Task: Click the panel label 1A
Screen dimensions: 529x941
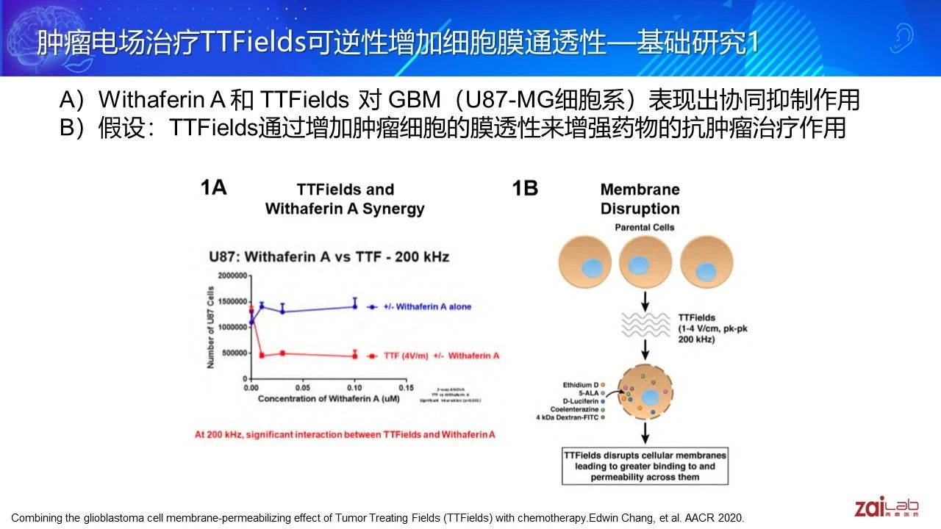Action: (x=213, y=188)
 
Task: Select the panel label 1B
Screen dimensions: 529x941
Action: (x=525, y=189)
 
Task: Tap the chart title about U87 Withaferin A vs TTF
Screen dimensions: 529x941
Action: (x=329, y=256)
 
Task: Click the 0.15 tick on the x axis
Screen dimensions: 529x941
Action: (x=405, y=386)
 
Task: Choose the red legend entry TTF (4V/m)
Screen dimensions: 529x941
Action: (x=434, y=356)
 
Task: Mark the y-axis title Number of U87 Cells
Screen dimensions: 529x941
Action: (x=211, y=328)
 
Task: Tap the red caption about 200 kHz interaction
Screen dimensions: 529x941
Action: (x=345, y=434)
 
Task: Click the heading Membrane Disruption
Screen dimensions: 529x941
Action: (x=640, y=198)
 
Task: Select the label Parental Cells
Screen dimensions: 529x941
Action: (x=644, y=227)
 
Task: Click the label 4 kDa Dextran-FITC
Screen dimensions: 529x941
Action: (x=570, y=417)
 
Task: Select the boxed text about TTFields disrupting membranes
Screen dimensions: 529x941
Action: (x=645, y=467)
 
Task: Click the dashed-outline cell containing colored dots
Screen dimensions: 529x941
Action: (x=648, y=394)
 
